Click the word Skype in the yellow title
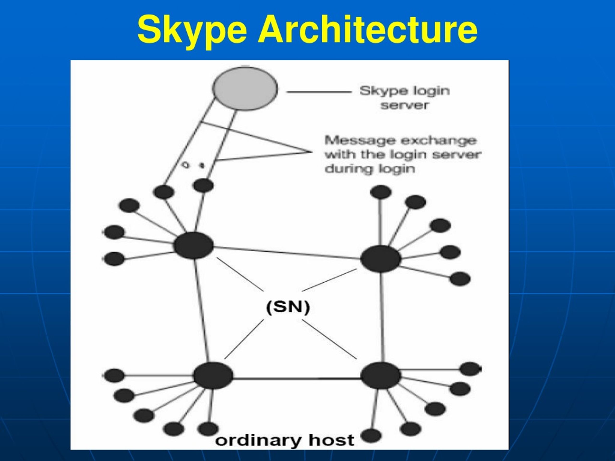point(192,30)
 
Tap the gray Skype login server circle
point(245,88)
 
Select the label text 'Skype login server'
point(405,97)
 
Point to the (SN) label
point(288,307)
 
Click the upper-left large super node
point(194,246)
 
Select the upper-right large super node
point(381,259)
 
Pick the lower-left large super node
point(213,376)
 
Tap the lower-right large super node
point(381,376)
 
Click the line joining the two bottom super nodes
point(297,378)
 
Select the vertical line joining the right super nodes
point(382,317)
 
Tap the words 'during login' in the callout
point(370,169)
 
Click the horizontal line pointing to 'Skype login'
point(320,92)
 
